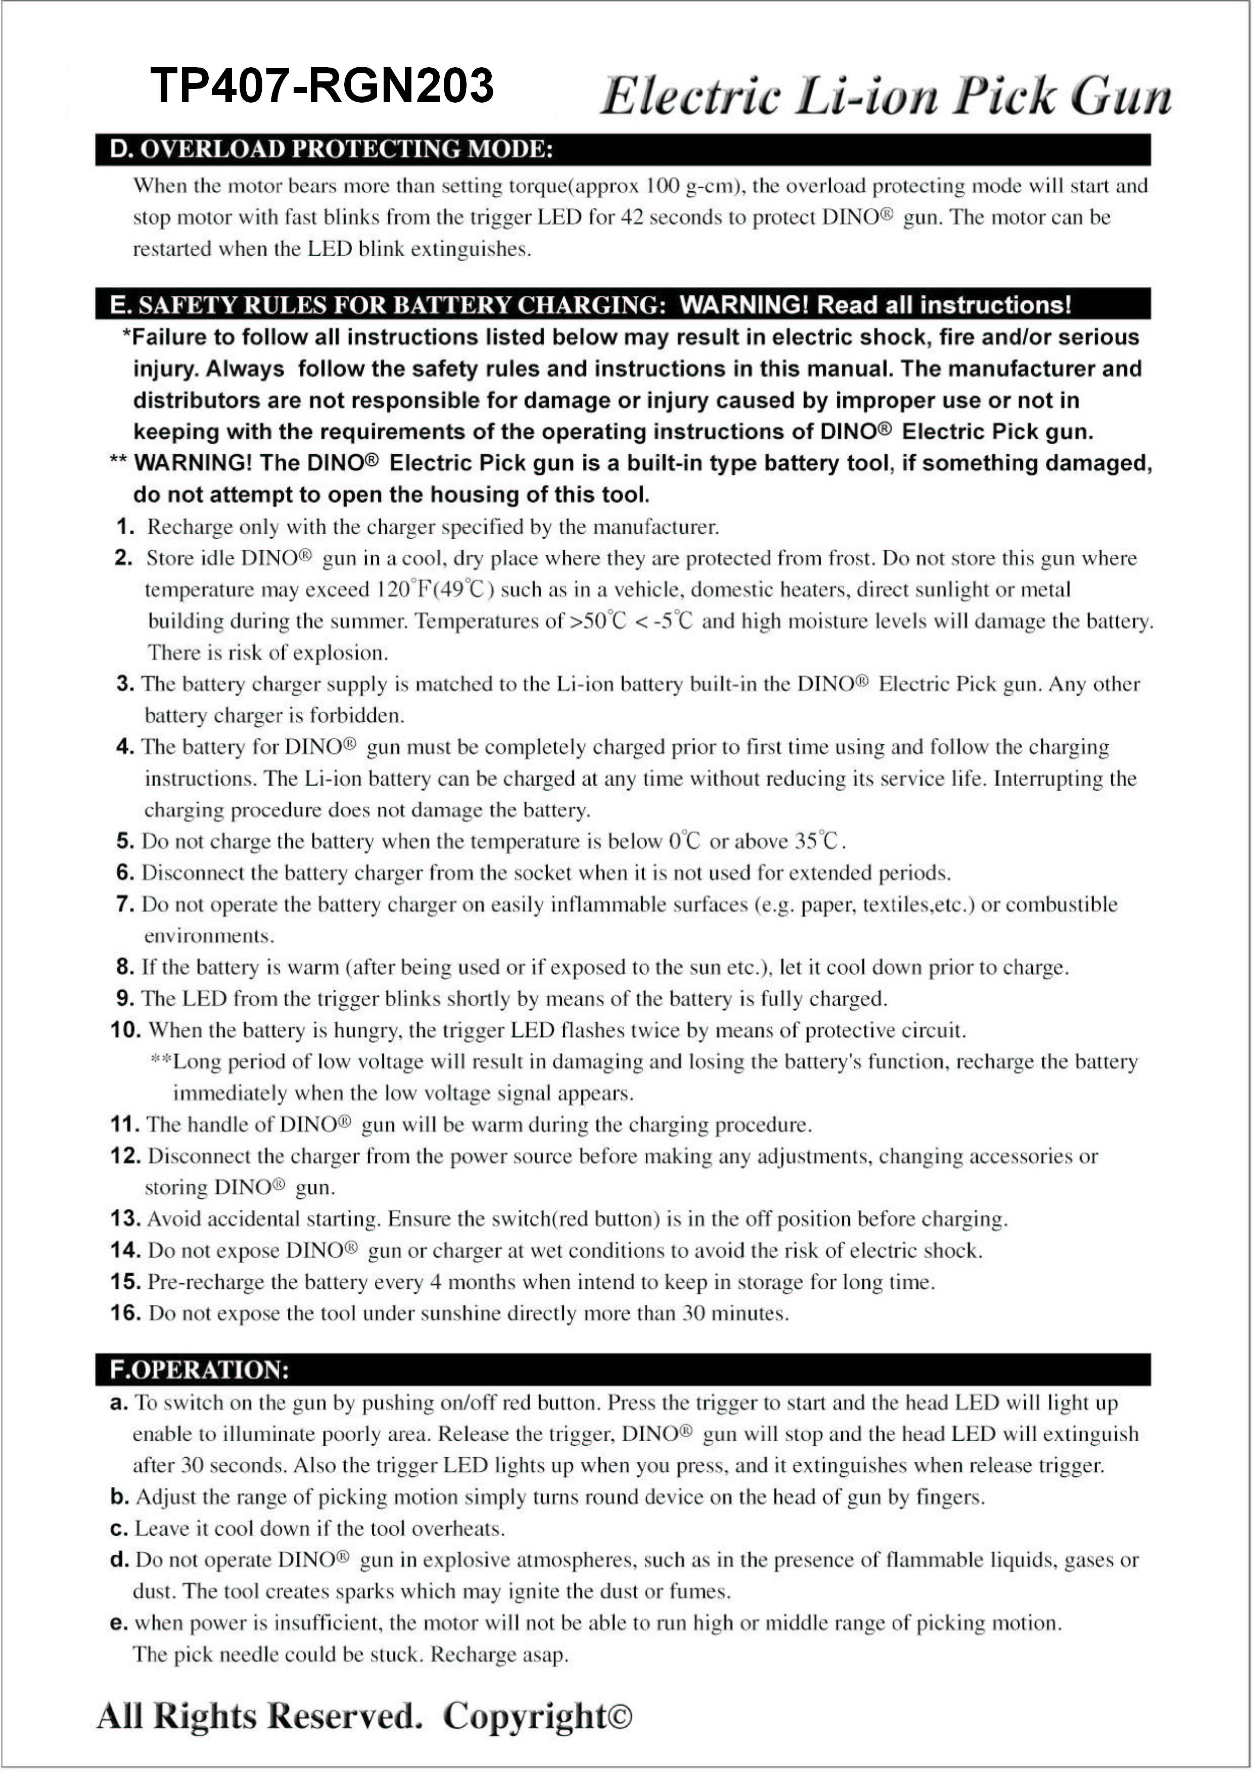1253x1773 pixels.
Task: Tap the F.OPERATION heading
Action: click(x=199, y=1370)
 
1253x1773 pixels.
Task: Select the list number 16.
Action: click(x=125, y=1313)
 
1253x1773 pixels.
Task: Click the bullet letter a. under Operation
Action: click(x=119, y=1402)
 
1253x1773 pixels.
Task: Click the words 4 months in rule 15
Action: click(x=458, y=1282)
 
